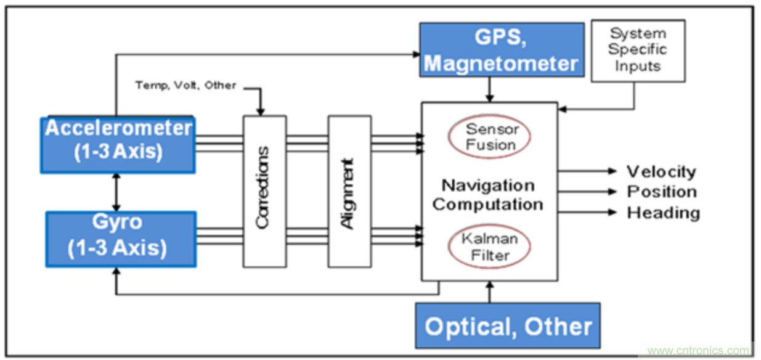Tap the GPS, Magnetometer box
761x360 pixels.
[502, 50]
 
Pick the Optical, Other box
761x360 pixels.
[508, 326]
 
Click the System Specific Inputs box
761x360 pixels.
[638, 51]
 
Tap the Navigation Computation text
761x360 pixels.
[487, 194]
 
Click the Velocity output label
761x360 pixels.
[661, 171]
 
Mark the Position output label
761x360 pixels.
[662, 192]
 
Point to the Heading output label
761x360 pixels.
[663, 213]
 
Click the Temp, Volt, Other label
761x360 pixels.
[185, 85]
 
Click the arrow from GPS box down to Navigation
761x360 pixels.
[489, 89]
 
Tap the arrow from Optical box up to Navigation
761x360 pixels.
[490, 293]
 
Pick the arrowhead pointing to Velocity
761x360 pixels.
[612, 171]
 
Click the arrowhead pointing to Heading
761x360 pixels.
[612, 212]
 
